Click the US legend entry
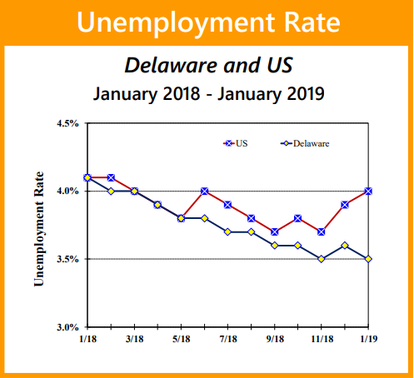point(235,143)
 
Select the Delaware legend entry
point(305,143)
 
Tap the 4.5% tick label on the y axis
point(67,123)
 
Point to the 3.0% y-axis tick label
point(67,327)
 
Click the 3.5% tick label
point(67,259)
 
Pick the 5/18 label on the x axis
point(182,339)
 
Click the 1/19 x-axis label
point(368,339)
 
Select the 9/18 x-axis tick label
point(275,339)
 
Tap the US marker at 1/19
point(368,191)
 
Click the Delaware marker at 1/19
point(368,259)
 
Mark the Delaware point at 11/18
point(322,259)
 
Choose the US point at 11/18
point(322,231)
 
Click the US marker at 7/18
point(227,205)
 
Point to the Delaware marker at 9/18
point(275,246)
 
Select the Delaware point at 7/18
point(227,232)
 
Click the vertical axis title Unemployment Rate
point(39,229)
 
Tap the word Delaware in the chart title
point(171,66)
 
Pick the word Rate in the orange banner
point(312,22)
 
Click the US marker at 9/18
point(275,231)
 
